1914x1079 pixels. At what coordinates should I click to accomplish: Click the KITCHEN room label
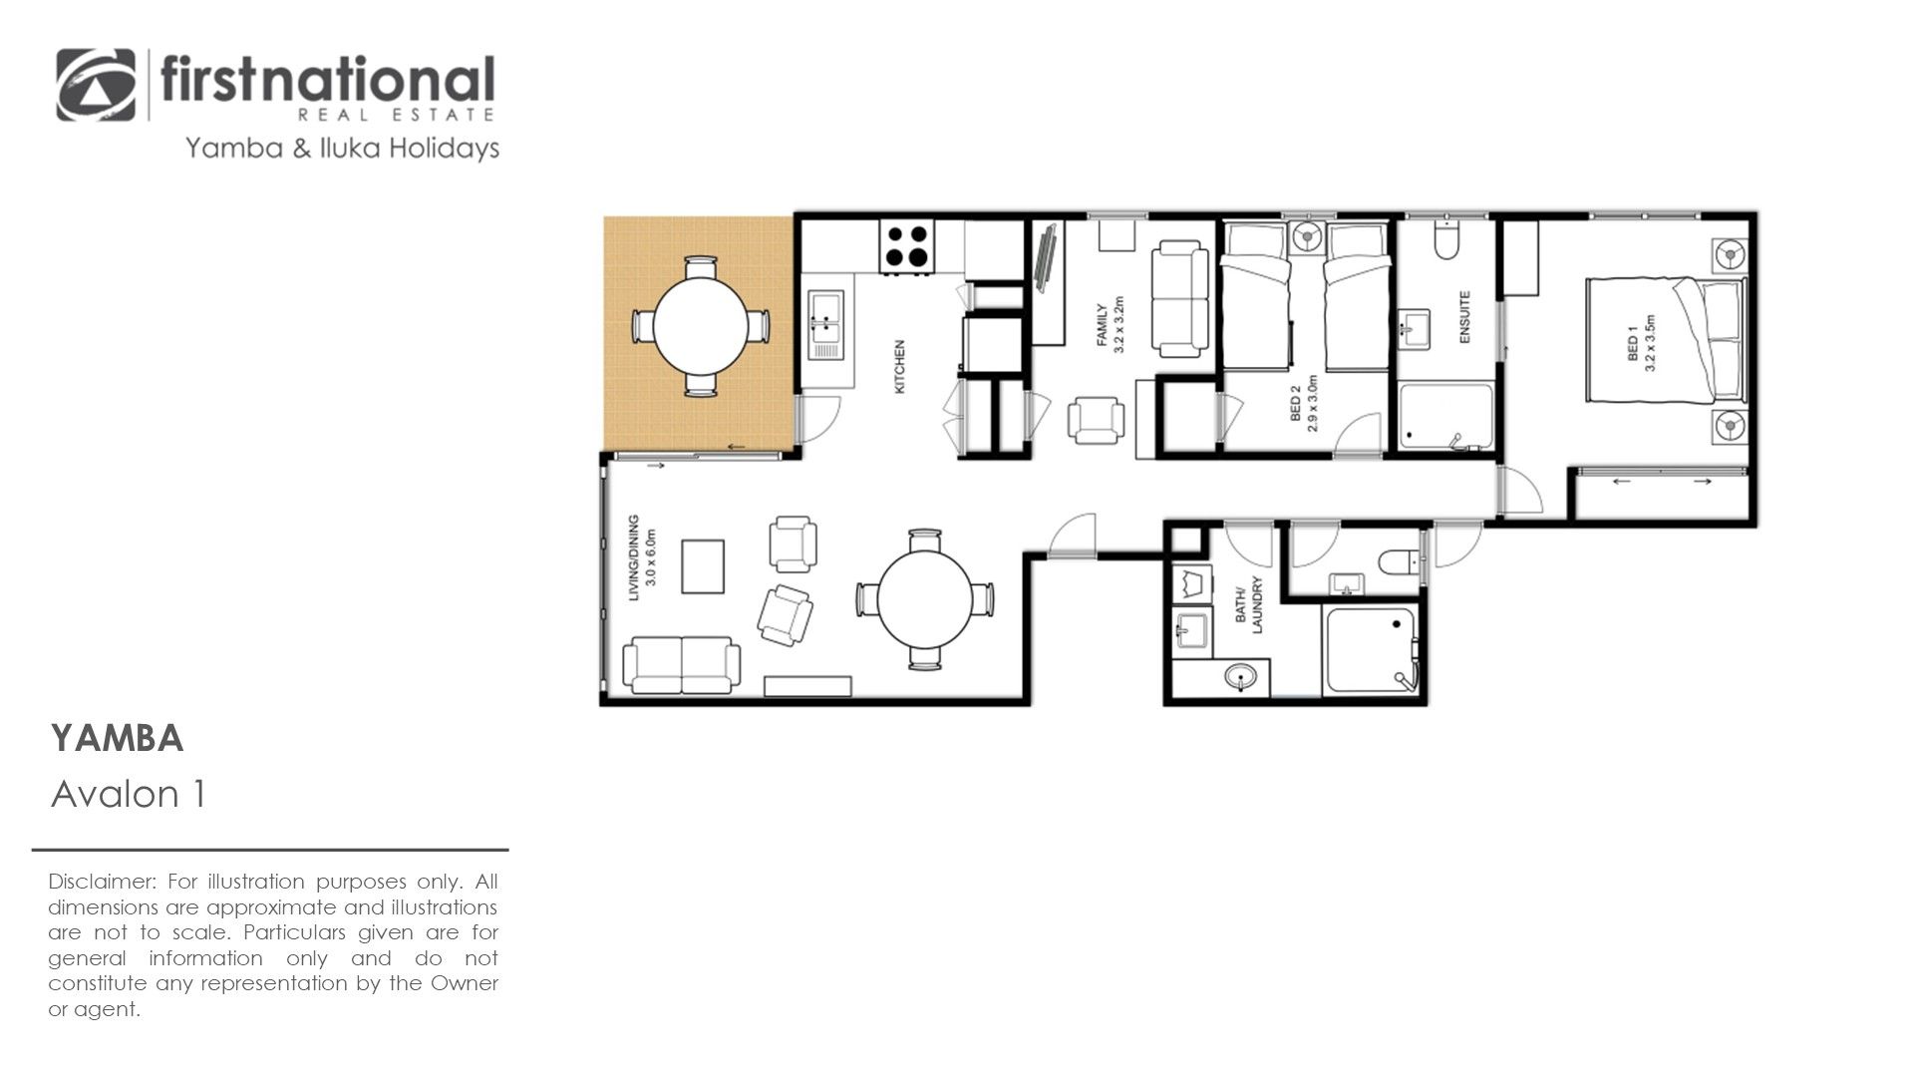click(899, 366)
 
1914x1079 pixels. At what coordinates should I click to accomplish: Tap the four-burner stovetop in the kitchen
click(907, 245)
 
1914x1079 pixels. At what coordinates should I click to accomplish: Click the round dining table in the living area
click(924, 599)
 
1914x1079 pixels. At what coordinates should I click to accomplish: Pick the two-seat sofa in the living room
click(682, 665)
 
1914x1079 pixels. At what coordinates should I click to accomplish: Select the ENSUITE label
click(1464, 317)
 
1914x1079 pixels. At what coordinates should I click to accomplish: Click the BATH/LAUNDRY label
click(1249, 605)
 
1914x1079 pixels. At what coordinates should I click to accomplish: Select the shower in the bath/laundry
click(1370, 650)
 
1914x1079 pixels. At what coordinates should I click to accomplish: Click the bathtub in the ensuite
click(1445, 417)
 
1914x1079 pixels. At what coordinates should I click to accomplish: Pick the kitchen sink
click(825, 325)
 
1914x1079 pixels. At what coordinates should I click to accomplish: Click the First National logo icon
click(96, 86)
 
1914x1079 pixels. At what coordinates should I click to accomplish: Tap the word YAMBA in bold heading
click(118, 739)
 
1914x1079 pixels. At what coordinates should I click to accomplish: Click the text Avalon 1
click(129, 795)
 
